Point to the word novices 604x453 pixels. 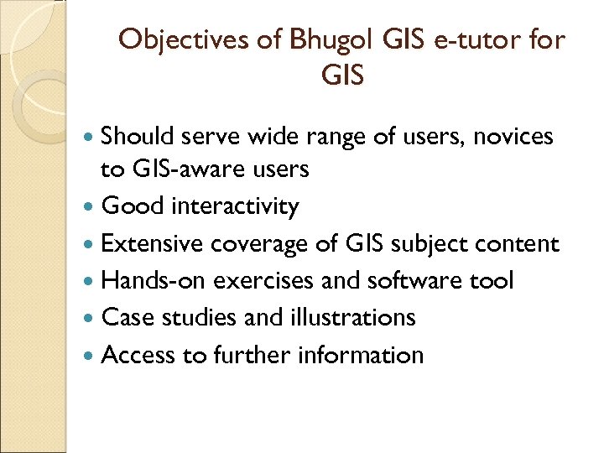(x=513, y=136)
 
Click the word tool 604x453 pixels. (x=490, y=280)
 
